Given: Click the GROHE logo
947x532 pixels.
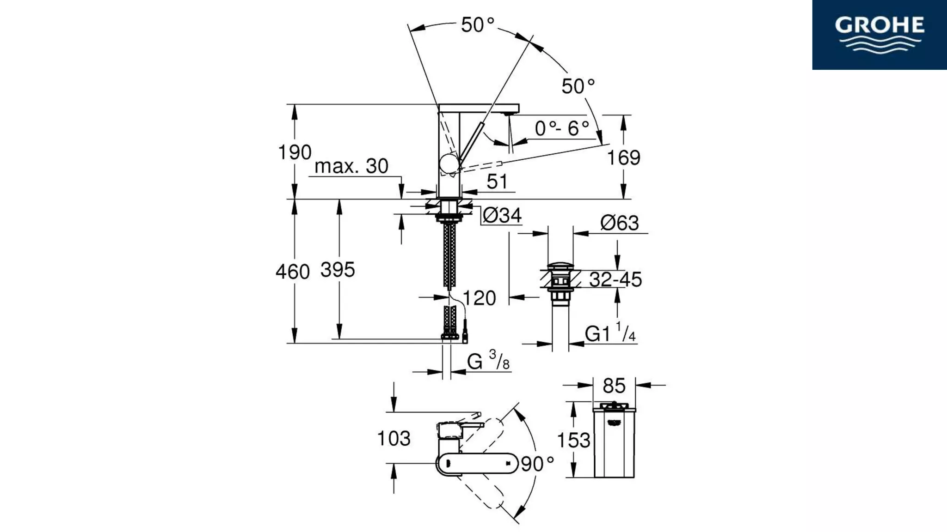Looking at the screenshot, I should click(x=879, y=35).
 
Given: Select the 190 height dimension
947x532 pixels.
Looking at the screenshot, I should click(x=295, y=152).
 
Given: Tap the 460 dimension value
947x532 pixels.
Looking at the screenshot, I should click(x=292, y=272).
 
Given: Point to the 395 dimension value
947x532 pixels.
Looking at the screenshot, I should click(x=338, y=270).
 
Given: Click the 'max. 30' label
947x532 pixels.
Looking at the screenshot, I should click(x=351, y=166).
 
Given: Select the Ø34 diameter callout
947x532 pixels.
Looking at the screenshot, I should click(x=502, y=216).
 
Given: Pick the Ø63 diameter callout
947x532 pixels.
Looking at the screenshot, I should click(x=620, y=224).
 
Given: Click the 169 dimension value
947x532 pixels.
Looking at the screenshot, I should click(x=623, y=158).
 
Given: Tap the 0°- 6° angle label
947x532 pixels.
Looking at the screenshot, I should click(x=562, y=128).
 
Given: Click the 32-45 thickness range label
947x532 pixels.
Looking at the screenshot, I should click(x=615, y=280).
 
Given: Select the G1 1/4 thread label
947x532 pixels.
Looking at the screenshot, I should click(x=610, y=333).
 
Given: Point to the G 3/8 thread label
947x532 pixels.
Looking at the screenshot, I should click(x=488, y=361).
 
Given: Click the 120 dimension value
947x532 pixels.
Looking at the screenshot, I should click(x=479, y=298).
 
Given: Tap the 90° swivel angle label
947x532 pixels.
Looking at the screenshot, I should click(x=537, y=464).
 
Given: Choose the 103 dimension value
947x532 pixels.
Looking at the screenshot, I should click(x=394, y=439).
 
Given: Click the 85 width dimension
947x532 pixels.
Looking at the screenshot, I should click(x=614, y=386).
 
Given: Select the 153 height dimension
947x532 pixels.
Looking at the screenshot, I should click(x=573, y=441).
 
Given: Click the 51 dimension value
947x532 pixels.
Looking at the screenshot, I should click(x=497, y=182).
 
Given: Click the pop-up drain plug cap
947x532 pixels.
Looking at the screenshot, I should click(x=560, y=266).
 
